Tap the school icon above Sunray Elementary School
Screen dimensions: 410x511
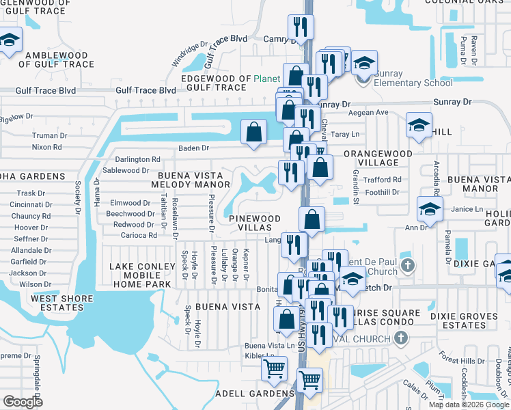click(364, 62)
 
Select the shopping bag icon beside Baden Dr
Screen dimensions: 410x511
click(253, 133)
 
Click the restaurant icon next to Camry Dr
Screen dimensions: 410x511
click(300, 27)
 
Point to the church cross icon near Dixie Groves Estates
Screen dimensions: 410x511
click(401, 338)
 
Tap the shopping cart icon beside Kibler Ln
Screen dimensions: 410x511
click(274, 369)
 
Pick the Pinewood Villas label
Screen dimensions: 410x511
click(254, 223)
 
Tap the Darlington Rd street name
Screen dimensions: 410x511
click(141, 159)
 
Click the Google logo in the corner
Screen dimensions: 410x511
click(23, 402)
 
